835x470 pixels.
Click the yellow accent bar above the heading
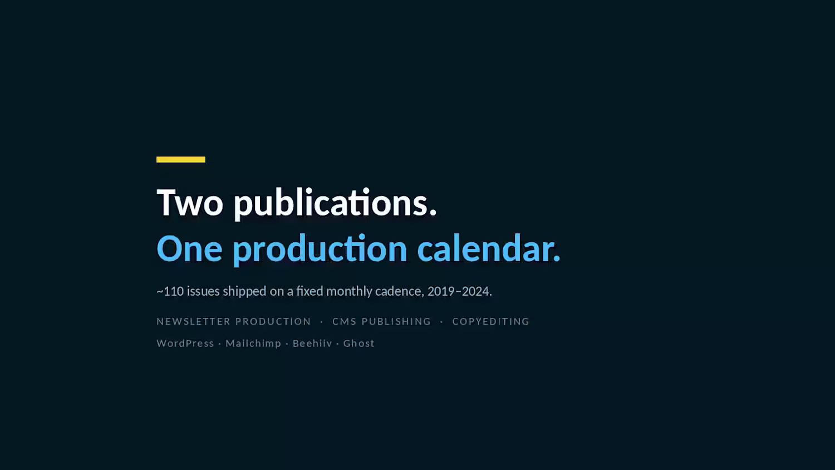[x=181, y=160]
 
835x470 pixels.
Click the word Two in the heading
[x=190, y=203]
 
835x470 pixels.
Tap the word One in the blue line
[x=189, y=248]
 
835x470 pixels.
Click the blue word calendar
[x=489, y=248]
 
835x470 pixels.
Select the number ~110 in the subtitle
[x=170, y=291]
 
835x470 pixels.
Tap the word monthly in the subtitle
[x=349, y=291]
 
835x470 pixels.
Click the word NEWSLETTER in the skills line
[x=194, y=321]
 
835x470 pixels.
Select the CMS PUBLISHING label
[x=382, y=321]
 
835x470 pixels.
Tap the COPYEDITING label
[x=491, y=321]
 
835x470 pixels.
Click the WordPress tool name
[x=185, y=343]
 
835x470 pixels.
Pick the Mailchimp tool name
[x=253, y=344]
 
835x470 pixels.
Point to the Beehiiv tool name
[x=312, y=343]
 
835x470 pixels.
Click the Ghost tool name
[x=359, y=343]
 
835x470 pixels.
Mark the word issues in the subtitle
[x=203, y=291]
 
